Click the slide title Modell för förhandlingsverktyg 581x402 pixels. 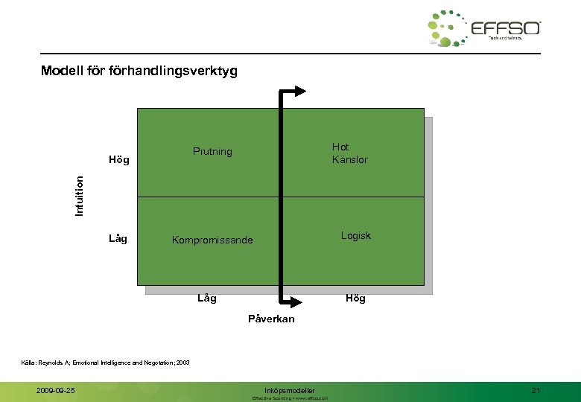point(139,71)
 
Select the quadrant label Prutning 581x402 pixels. point(212,152)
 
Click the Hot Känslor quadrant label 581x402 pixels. point(349,153)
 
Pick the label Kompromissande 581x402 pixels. point(212,240)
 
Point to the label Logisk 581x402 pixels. point(355,236)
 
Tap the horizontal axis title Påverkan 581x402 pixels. point(271,319)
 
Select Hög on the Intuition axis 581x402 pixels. point(118,160)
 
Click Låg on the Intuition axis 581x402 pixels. point(118,239)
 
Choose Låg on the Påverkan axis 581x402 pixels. point(207,299)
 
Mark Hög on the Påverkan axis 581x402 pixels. point(355,299)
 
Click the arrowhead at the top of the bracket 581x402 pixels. point(299,92)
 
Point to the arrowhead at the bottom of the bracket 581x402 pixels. point(298,301)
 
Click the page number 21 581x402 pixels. point(536,390)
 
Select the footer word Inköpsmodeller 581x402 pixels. point(290,390)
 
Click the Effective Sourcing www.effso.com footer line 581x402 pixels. point(290,398)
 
